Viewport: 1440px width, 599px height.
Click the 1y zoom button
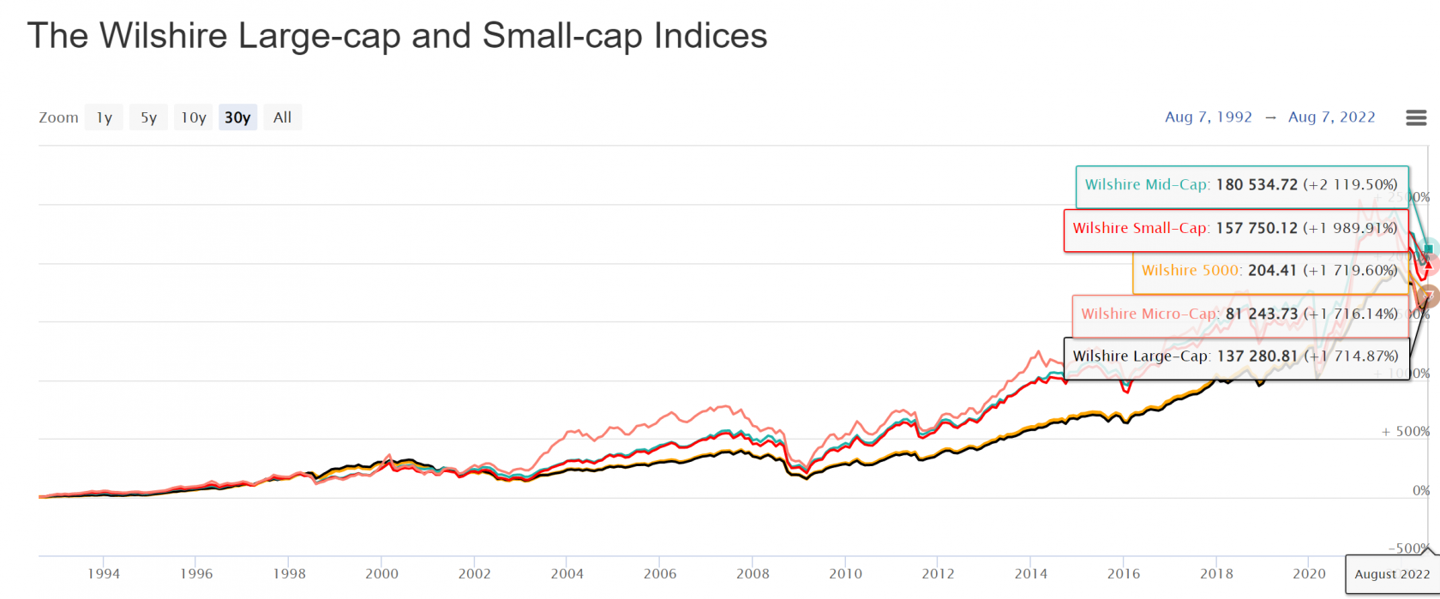(104, 117)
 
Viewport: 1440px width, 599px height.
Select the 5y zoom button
(149, 117)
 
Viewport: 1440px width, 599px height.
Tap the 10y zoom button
(193, 117)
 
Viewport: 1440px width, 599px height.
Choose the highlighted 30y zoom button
(237, 117)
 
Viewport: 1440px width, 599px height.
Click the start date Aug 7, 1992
(1208, 117)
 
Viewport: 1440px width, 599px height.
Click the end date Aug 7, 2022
(1331, 117)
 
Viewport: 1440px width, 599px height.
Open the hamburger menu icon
(1416, 117)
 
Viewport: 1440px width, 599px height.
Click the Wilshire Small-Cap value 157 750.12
(1257, 229)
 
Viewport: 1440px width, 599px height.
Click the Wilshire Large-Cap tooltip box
(1235, 356)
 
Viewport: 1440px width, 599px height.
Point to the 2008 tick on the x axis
(753, 574)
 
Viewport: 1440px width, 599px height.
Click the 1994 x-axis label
(104, 574)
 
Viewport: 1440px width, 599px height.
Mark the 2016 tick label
(1123, 574)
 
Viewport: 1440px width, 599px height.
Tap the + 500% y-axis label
(1405, 432)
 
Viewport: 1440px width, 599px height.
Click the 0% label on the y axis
(1420, 491)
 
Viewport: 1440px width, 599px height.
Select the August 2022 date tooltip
(1392, 574)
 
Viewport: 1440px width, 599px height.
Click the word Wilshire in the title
(164, 36)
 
